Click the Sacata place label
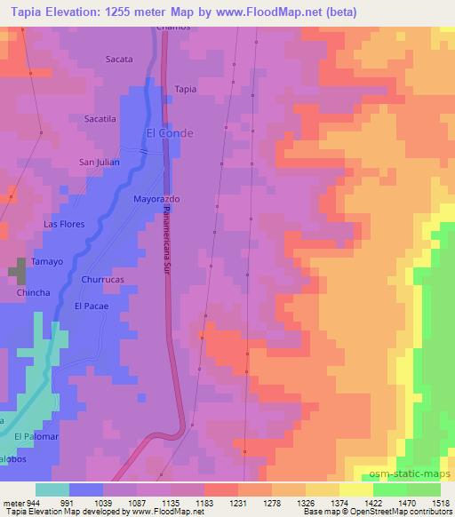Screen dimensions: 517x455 [x=119, y=60]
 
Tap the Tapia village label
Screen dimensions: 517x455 [x=186, y=89]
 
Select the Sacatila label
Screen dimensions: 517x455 [x=100, y=118]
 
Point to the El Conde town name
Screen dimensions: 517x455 [x=169, y=134]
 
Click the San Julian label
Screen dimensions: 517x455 [x=99, y=162]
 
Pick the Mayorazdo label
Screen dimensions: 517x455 [x=156, y=199]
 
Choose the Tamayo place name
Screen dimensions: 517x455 [x=49, y=262]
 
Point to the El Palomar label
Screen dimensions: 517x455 [x=36, y=436]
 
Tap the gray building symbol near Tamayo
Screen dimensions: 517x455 [x=19, y=271]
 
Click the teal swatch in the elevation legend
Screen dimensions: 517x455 [x=52, y=489]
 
